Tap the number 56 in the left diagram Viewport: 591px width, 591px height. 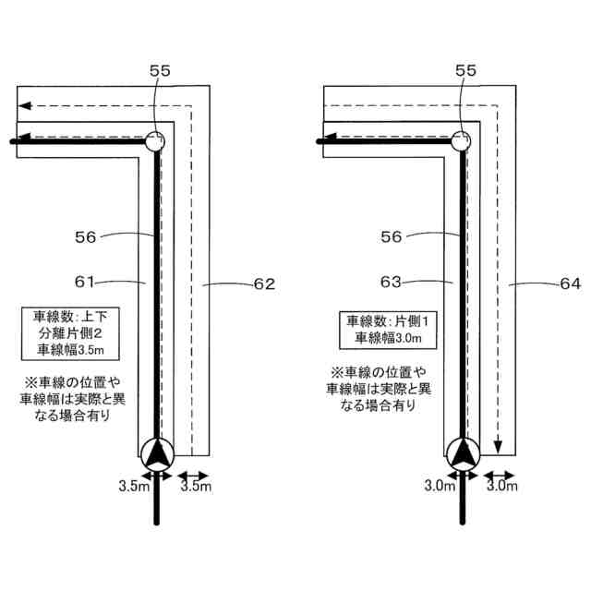[x=85, y=237]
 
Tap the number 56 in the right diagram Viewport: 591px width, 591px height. [x=391, y=237]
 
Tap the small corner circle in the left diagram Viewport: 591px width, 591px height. [x=155, y=141]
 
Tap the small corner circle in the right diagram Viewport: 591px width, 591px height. [x=461, y=141]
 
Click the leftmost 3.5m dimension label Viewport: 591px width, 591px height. [x=133, y=485]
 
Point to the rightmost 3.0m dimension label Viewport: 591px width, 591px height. [x=501, y=485]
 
